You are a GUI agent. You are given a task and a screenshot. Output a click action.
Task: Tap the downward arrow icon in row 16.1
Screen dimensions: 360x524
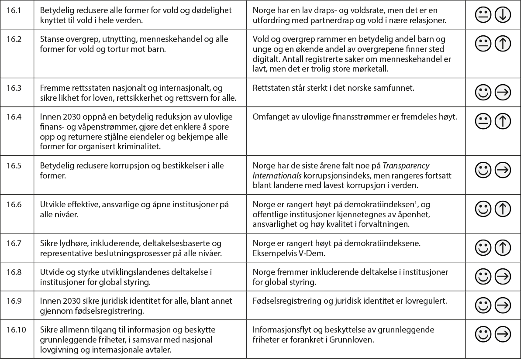coord(503,16)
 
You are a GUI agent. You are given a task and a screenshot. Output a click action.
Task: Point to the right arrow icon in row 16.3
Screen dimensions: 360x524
coord(503,92)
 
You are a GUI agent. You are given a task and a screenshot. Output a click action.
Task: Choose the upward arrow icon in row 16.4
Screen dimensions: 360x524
coord(503,121)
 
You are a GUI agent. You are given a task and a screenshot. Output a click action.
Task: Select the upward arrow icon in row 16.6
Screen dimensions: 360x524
coord(503,209)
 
